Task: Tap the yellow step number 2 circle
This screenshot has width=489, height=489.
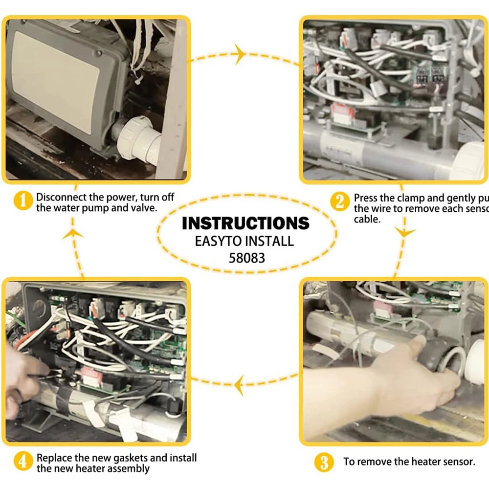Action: [339, 201]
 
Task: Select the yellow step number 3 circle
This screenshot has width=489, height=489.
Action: [324, 462]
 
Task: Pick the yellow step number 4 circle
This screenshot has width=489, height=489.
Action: [22, 462]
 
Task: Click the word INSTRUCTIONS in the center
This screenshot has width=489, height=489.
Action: [245, 223]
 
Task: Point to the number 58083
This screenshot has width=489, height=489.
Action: [247, 257]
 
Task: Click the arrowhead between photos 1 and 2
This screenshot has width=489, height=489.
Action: [239, 54]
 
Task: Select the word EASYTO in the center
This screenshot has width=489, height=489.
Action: [218, 241]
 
